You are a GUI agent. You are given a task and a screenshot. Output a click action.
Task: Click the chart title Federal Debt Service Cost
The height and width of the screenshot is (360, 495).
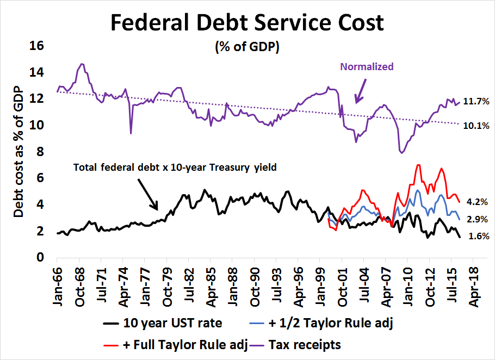pos(247,23)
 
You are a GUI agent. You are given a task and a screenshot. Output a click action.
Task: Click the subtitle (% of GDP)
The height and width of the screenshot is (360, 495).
pos(247,48)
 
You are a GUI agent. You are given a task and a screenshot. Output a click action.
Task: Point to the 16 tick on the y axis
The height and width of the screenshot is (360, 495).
pos(36,46)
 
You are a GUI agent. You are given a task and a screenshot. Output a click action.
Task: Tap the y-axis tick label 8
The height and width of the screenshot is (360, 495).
pos(40,152)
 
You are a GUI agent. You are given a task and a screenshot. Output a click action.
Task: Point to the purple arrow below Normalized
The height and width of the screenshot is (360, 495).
pos(361,90)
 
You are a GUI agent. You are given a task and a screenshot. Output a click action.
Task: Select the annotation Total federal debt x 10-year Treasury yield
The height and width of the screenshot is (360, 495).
pos(175,167)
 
